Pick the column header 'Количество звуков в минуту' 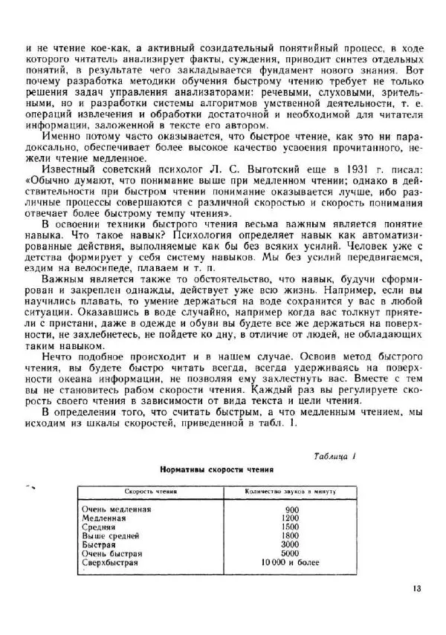click(x=291, y=492)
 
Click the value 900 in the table click(x=291, y=509)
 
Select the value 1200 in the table click(x=291, y=518)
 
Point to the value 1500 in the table click(x=291, y=527)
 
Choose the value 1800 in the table click(x=291, y=535)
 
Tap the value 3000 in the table click(x=291, y=544)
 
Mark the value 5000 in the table click(x=291, y=553)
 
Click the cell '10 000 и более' click(x=291, y=563)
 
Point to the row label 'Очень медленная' click(x=117, y=509)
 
